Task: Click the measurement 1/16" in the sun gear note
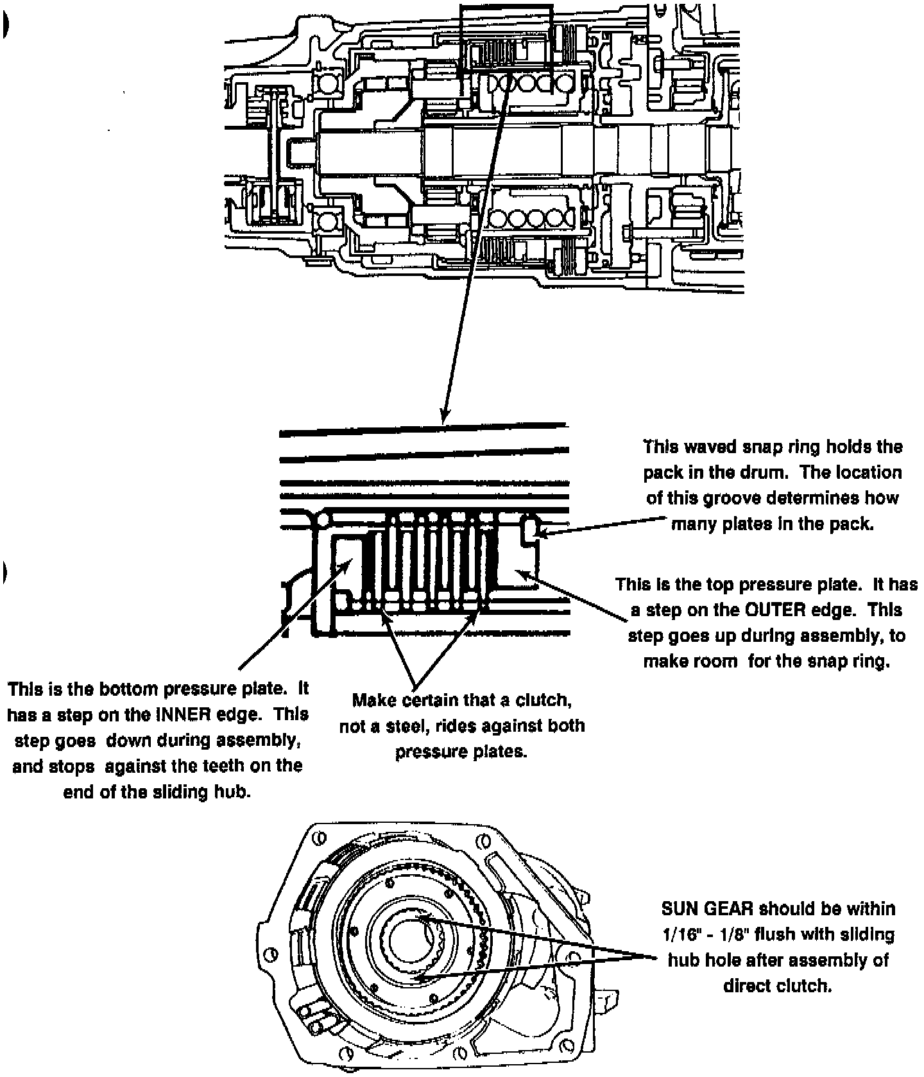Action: point(680,935)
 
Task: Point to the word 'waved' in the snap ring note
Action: point(708,447)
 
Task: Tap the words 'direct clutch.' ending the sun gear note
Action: point(777,986)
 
